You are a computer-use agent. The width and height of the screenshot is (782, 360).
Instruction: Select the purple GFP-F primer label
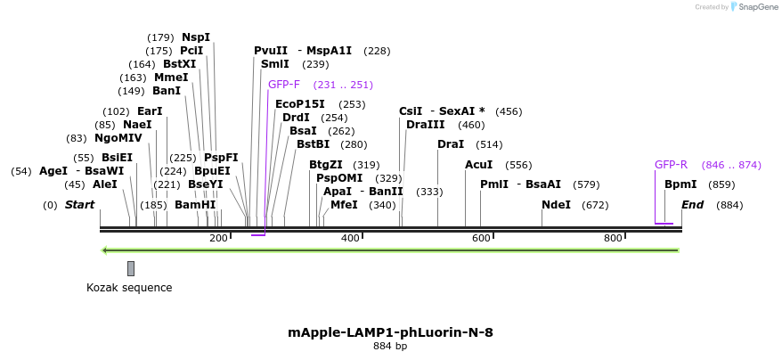(284, 85)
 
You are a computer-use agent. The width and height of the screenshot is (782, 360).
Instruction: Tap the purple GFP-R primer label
(671, 165)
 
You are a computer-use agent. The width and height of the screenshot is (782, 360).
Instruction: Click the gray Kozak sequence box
(131, 268)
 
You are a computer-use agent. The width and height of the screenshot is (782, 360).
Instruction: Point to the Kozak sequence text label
(129, 287)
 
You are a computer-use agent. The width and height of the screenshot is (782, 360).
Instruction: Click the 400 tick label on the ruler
(350, 238)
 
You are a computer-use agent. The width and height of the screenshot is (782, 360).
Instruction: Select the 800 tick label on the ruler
(613, 238)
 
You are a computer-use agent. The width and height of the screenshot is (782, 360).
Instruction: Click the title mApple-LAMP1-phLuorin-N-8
(390, 332)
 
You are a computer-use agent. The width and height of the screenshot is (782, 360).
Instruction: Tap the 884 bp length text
(390, 346)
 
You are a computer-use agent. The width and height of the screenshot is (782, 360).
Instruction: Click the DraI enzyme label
(451, 144)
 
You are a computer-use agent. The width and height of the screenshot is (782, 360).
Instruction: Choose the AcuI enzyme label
(478, 165)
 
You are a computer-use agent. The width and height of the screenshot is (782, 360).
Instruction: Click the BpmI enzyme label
(680, 184)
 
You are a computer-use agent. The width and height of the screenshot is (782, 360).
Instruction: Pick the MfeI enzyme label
(344, 205)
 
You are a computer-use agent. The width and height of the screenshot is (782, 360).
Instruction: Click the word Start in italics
(79, 205)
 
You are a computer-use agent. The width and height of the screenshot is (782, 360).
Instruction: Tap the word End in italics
(693, 205)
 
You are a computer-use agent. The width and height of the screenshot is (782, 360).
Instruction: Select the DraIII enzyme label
(425, 125)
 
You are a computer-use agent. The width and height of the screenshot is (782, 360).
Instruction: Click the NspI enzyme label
(196, 37)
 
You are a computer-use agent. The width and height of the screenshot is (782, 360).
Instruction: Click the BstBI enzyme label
(313, 144)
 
